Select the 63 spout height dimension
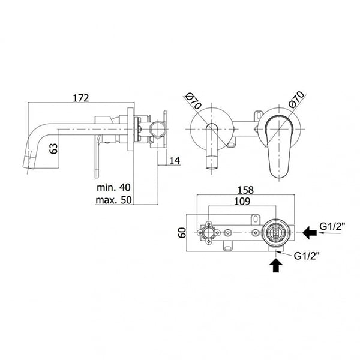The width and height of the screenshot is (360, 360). pos(54,148)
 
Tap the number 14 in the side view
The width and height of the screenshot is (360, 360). pos(175,160)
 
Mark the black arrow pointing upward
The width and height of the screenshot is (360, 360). pos(275,264)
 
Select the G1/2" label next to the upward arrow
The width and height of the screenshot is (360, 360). pos(307,256)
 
